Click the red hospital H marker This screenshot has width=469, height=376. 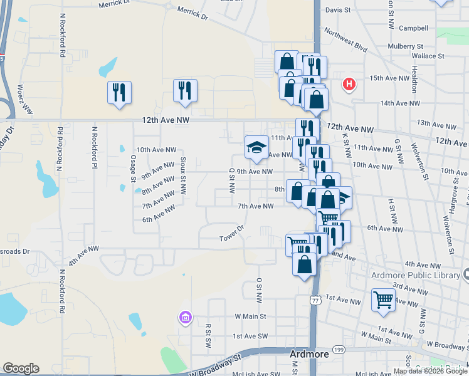click(349, 83)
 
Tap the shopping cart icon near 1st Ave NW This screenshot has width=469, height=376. click(383, 299)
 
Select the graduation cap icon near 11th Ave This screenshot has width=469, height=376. click(256, 147)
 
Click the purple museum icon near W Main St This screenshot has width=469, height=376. click(184, 318)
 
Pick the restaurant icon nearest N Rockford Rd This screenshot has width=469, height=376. click(119, 92)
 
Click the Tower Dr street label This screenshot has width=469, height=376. click(231, 238)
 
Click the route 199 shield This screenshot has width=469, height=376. click(356, 349)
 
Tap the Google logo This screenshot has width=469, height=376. click(21, 368)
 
